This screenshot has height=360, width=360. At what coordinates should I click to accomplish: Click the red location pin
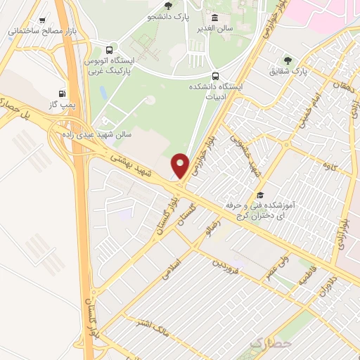tap(181, 165)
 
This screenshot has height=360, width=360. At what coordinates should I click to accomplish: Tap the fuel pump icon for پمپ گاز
tap(63, 93)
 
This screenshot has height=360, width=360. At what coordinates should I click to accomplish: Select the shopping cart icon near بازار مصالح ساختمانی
tap(43, 21)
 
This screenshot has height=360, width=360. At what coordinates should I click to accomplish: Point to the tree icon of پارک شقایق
tap(286, 60)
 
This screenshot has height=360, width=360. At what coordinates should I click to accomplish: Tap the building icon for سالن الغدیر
tap(214, 18)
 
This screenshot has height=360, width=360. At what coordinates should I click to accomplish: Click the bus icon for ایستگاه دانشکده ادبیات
tap(214, 76)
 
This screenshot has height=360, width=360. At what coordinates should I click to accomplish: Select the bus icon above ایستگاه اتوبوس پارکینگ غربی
tap(108, 51)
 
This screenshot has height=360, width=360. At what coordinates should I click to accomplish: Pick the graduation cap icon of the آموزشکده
tap(259, 195)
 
